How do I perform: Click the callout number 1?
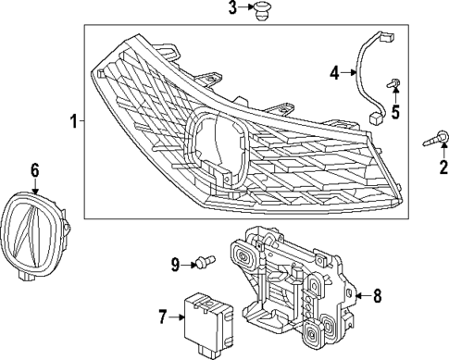coord(73,121)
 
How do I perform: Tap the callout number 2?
coord(443,167)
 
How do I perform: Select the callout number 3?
coord(233,9)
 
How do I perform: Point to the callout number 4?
coord(334,71)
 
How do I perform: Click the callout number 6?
coord(34,169)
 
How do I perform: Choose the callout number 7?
coord(163,317)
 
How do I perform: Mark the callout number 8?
coord(377,296)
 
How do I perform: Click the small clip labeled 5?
coord(393,87)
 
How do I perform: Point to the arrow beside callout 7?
coord(179,317)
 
